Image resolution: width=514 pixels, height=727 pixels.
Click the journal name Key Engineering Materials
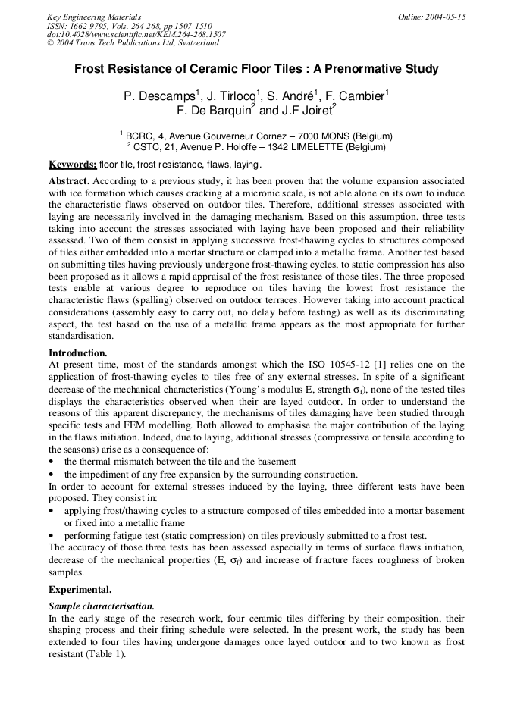click(93, 17)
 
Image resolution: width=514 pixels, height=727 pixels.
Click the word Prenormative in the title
click(356, 69)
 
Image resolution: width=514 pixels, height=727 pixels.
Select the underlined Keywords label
click(72, 165)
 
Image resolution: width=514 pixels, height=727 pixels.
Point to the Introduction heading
click(77, 353)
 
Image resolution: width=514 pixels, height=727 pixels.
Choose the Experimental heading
click(80, 589)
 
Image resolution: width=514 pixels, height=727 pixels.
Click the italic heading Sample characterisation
click(102, 606)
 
